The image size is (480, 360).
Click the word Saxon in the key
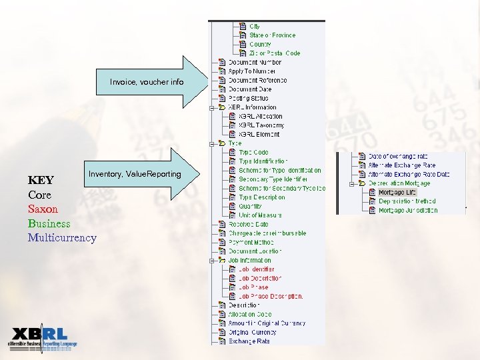(x=43, y=209)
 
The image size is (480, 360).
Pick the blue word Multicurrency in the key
(x=62, y=237)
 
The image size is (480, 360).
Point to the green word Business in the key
(x=49, y=223)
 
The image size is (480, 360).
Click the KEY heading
(x=41, y=180)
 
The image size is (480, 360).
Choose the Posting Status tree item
(x=248, y=98)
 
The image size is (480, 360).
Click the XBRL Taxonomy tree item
(x=261, y=125)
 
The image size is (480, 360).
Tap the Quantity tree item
(x=250, y=207)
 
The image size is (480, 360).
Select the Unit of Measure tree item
(x=260, y=215)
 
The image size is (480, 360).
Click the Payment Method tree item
(x=251, y=243)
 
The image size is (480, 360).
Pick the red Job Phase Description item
(x=271, y=297)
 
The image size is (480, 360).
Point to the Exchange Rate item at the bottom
(x=249, y=341)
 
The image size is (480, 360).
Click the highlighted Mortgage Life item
(x=397, y=192)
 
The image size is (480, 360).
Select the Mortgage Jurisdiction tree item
(x=408, y=210)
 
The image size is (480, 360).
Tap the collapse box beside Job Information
(x=211, y=261)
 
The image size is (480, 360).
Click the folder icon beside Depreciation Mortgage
(x=363, y=183)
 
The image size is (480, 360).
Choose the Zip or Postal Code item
(x=275, y=53)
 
